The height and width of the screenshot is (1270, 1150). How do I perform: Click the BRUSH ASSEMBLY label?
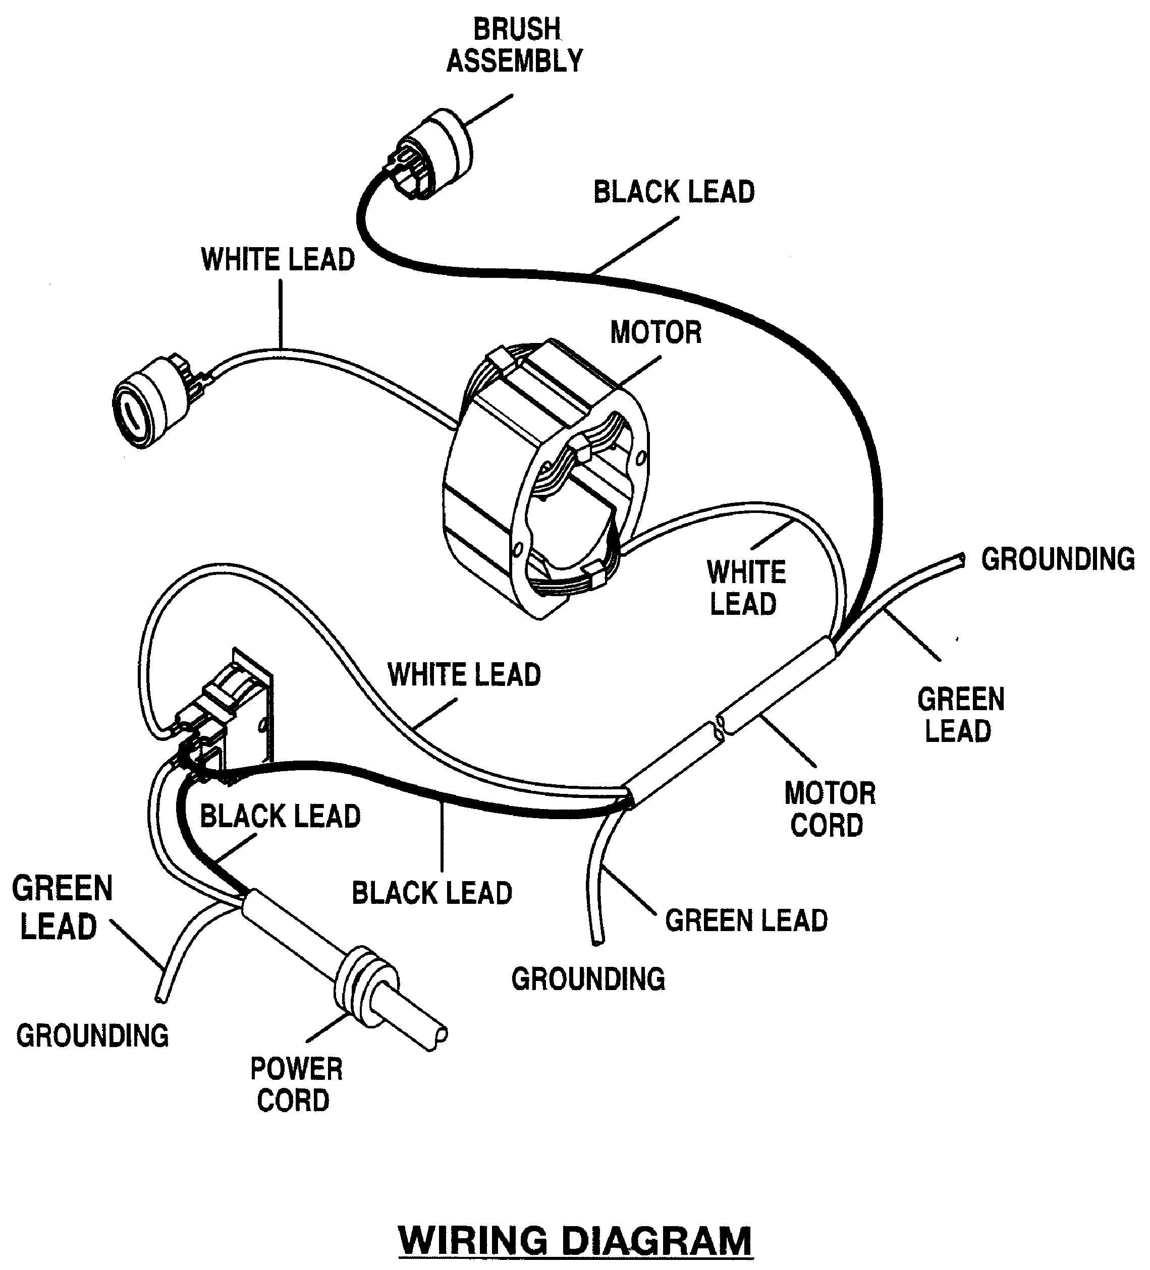(514, 45)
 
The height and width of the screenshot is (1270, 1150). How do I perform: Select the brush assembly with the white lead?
(148, 402)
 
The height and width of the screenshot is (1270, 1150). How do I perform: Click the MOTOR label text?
(655, 332)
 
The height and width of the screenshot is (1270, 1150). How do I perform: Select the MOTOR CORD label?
(829, 809)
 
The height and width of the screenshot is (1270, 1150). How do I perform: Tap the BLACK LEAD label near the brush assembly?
(674, 192)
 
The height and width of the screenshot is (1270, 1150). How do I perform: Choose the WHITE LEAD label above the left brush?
(278, 260)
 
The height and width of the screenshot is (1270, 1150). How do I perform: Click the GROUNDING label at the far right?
(1057, 559)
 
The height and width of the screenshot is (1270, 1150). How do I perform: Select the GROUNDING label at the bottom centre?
(588, 979)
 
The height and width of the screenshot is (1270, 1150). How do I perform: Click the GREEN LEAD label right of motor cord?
(960, 715)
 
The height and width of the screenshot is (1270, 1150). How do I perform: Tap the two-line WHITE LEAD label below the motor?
(745, 588)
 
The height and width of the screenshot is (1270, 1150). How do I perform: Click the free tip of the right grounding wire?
(960, 559)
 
